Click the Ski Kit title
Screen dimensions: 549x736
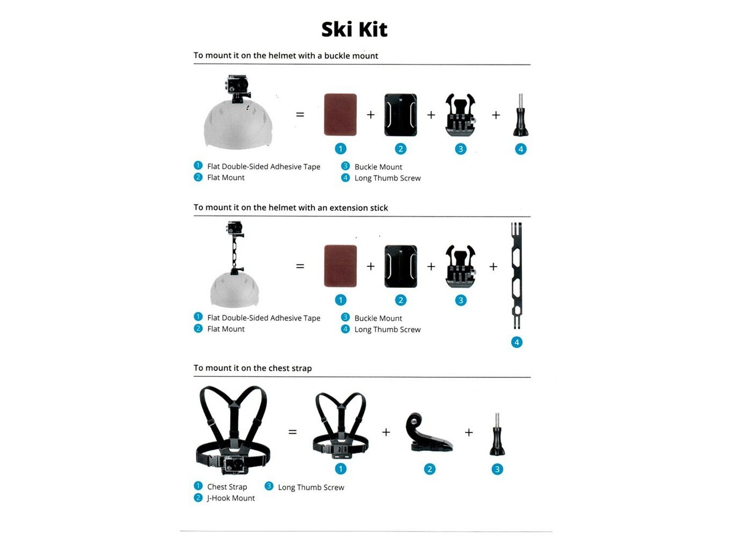(354, 29)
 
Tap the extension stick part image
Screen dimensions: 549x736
(516, 276)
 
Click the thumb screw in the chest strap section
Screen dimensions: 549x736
(497, 435)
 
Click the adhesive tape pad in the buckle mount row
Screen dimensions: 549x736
(340, 114)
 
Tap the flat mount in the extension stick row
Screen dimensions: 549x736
(400, 266)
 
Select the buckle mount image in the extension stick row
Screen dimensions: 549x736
(460, 266)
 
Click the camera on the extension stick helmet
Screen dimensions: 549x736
(234, 229)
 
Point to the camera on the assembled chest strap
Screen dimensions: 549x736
(234, 464)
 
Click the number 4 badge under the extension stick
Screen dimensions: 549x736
(517, 342)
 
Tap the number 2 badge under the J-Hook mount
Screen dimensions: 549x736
(429, 469)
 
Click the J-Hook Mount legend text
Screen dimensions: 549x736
(231, 498)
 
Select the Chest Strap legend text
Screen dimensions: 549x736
(227, 487)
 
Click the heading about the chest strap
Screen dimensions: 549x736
(253, 368)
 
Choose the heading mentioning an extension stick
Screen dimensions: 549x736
(291, 207)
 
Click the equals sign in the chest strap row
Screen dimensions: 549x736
(292, 432)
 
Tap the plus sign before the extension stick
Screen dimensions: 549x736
(494, 266)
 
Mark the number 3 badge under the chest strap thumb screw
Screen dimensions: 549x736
(497, 469)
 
